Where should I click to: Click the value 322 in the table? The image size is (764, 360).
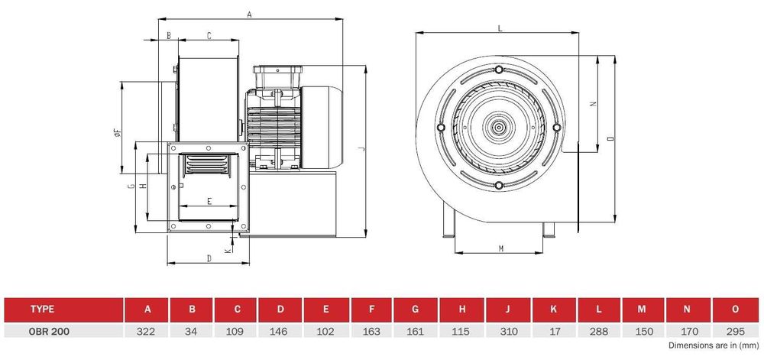pyautogui.click(x=146, y=332)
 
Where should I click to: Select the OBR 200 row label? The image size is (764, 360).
pyautogui.click(x=50, y=332)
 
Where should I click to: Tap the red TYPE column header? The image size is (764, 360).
pyautogui.click(x=63, y=310)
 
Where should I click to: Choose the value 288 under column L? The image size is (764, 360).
pyautogui.click(x=598, y=332)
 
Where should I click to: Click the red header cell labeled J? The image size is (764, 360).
pyautogui.click(x=508, y=310)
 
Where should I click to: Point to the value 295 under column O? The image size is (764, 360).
pyautogui.click(x=735, y=332)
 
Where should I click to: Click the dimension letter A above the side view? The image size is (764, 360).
pyautogui.click(x=250, y=15)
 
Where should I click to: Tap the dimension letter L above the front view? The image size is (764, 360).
pyautogui.click(x=500, y=28)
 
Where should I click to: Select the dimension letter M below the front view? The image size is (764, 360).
pyautogui.click(x=501, y=249)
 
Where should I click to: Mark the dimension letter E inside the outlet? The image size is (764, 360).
pyautogui.click(x=209, y=201)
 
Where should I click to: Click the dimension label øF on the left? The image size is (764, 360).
pyautogui.click(x=116, y=132)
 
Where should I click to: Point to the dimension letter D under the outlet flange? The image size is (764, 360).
pyautogui.click(x=209, y=258)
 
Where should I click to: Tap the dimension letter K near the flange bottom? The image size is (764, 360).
pyautogui.click(x=227, y=251)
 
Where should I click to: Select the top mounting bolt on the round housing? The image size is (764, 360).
pyautogui.click(x=498, y=69)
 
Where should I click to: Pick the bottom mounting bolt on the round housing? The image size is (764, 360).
pyautogui.click(x=498, y=185)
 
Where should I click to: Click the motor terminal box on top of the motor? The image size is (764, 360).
pyautogui.click(x=277, y=77)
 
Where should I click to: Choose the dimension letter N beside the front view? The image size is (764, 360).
pyautogui.click(x=593, y=104)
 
